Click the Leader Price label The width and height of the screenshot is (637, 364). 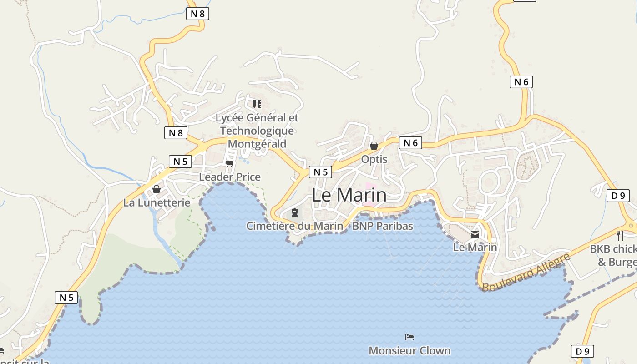230,177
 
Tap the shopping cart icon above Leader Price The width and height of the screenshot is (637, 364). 229,163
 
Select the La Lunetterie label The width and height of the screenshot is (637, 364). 157,203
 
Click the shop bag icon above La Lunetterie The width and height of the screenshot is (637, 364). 157,189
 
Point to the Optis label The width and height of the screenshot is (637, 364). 374,159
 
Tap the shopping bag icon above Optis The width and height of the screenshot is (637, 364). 374,146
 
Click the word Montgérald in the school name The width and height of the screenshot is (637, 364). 257,144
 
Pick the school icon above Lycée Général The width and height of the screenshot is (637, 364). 257,104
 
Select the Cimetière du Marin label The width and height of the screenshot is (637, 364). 294,226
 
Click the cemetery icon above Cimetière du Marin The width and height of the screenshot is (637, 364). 295,212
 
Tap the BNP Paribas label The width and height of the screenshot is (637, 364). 383,226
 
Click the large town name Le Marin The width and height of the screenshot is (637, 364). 349,195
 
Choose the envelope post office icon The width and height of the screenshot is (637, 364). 475,234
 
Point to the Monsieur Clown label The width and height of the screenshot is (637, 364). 409,351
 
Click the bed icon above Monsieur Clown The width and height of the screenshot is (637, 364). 409,337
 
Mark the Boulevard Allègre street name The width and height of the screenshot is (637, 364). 526,273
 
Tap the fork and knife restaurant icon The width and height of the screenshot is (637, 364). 620,235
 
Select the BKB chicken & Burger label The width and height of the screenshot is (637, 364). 613,256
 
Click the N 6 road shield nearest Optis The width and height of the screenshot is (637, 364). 410,143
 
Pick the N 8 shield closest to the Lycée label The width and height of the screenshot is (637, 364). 176,133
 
